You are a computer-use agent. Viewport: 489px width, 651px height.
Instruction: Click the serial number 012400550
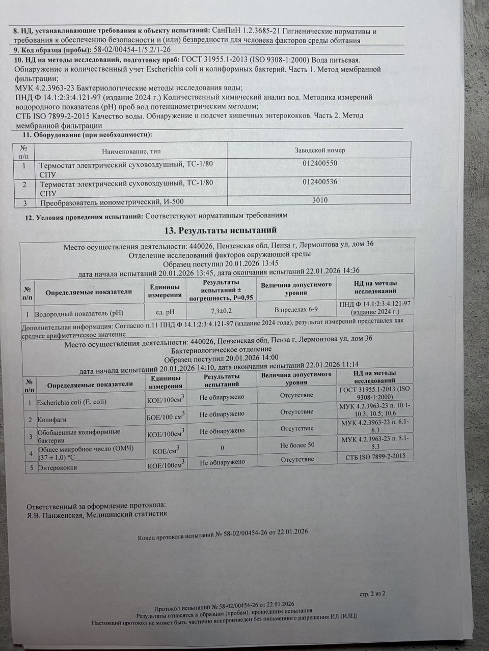click(x=319, y=164)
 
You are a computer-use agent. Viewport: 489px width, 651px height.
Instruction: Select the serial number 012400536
click(x=319, y=182)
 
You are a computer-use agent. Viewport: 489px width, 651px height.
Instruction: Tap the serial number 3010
click(x=320, y=200)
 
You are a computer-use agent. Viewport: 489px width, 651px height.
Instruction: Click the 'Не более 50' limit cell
click(x=297, y=445)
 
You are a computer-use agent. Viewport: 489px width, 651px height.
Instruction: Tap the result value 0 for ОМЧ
click(x=222, y=448)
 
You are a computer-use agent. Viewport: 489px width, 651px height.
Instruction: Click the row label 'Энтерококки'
click(x=57, y=467)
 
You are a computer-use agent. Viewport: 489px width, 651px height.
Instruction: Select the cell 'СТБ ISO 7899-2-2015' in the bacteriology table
click(x=375, y=457)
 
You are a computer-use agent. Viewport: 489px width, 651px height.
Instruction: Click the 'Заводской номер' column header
click(x=320, y=151)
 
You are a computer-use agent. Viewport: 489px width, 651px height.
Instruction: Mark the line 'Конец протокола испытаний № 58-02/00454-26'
click(x=222, y=532)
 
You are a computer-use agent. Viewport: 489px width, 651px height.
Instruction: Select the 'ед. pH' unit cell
click(x=166, y=311)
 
